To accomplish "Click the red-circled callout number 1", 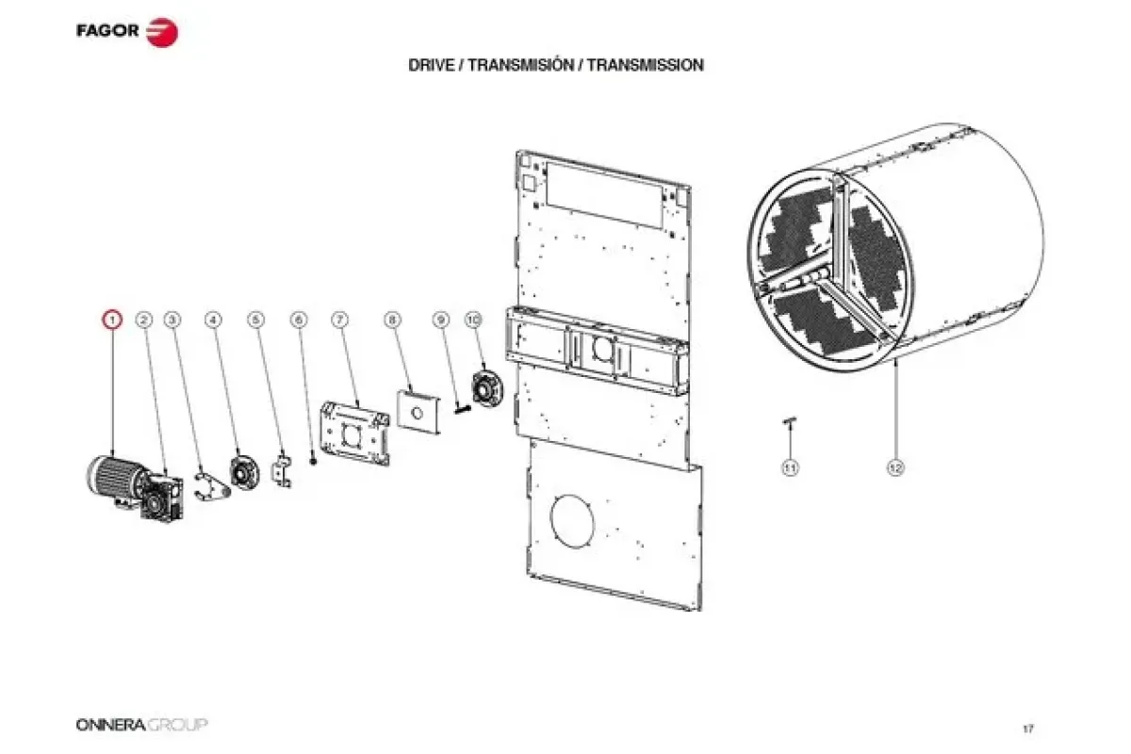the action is [x=112, y=320].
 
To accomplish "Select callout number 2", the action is [x=144, y=320].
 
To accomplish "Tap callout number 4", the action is [x=214, y=320].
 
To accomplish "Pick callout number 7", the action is [x=340, y=320].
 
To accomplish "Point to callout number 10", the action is [x=473, y=320].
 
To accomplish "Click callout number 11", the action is [x=790, y=468].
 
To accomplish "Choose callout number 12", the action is [x=895, y=468].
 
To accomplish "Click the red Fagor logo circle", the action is [x=162, y=32].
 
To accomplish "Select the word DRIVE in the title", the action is [x=431, y=65].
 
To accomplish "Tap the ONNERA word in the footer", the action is [x=110, y=725].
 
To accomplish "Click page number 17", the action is [x=1028, y=729].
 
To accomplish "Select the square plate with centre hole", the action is [x=418, y=412].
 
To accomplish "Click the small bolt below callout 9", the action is [x=463, y=409].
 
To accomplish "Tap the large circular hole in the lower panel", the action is [x=572, y=521].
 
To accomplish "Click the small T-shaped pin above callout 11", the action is [x=789, y=421].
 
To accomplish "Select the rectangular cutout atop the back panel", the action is [x=604, y=195].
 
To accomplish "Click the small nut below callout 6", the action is [x=313, y=461].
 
